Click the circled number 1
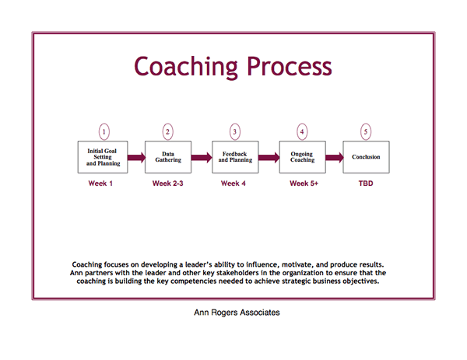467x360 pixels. click(x=104, y=131)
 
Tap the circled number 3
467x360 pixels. click(x=235, y=131)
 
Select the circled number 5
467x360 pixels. click(x=366, y=131)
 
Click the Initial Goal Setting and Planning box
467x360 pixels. click(x=103, y=157)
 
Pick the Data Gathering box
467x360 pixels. click(x=168, y=157)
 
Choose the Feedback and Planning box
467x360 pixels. click(x=235, y=157)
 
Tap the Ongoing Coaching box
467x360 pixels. click(x=302, y=157)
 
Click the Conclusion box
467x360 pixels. click(x=366, y=157)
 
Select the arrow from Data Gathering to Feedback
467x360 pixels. click(x=202, y=157)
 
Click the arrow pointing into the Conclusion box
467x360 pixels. click(x=335, y=157)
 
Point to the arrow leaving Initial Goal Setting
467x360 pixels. click(x=136, y=157)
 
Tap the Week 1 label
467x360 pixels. click(x=100, y=183)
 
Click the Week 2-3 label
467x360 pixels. click(x=167, y=183)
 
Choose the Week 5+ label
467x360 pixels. click(x=304, y=183)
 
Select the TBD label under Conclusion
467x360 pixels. click(x=366, y=183)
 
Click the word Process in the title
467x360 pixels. click(x=290, y=67)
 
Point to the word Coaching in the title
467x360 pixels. click(x=186, y=68)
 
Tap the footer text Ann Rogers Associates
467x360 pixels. click(x=237, y=313)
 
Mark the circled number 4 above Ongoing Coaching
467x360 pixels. click(x=302, y=131)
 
